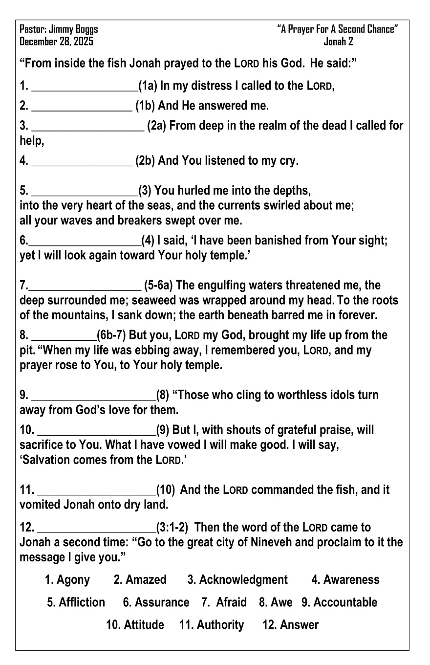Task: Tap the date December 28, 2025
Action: click(x=56, y=42)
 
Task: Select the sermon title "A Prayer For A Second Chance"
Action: click(x=338, y=29)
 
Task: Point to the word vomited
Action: click(x=41, y=504)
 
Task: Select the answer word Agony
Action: click(x=73, y=580)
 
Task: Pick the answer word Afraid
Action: click(x=231, y=602)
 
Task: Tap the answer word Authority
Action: click(x=220, y=625)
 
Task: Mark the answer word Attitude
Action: click(x=144, y=625)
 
